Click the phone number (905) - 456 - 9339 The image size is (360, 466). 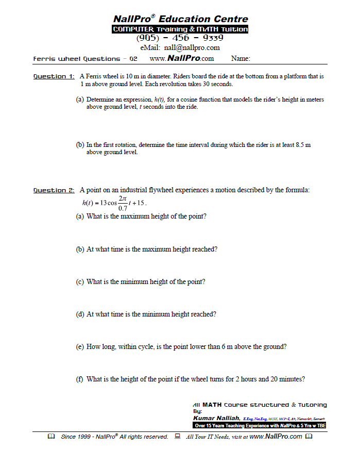coord(180,38)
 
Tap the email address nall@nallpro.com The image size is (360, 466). coord(180,48)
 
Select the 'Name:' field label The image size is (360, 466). coord(241,59)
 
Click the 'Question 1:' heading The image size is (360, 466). coord(54,77)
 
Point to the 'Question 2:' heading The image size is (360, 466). coord(54,190)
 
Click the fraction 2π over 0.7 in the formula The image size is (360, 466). coord(123,203)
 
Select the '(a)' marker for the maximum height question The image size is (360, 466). coord(80,217)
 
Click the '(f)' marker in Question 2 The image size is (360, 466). coord(80,379)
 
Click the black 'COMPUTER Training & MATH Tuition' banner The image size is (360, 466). coord(180,29)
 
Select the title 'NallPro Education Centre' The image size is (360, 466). coord(180,19)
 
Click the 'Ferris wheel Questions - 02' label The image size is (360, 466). coord(85,59)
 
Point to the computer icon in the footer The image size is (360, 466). coord(177,437)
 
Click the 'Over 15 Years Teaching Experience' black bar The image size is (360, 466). coord(260,426)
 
